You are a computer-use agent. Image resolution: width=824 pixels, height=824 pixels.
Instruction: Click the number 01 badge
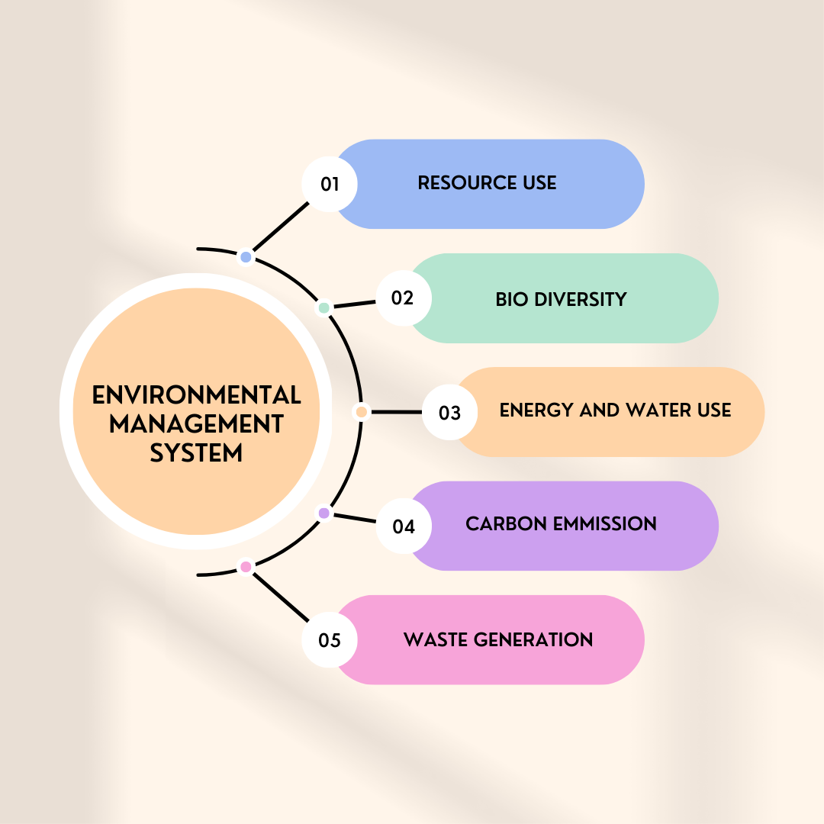tap(330, 184)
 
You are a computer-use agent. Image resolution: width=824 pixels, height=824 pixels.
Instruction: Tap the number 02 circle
tap(404, 298)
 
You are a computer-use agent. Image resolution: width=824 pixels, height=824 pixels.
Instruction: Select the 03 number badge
tap(450, 412)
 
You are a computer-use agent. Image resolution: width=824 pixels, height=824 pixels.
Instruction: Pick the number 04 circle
tap(404, 526)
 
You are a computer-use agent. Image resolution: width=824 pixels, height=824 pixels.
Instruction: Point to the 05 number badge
tap(330, 639)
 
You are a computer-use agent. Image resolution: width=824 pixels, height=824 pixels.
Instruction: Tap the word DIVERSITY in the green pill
tap(580, 300)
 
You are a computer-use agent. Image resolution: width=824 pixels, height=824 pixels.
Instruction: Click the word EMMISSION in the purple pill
tap(605, 524)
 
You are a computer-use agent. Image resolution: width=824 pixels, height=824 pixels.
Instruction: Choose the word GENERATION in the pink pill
tap(533, 639)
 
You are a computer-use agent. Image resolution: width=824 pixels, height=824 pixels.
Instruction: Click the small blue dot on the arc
tap(246, 257)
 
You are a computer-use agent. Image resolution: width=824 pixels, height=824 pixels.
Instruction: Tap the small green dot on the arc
tap(324, 307)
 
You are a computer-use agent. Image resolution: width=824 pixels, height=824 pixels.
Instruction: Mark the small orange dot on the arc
tap(362, 412)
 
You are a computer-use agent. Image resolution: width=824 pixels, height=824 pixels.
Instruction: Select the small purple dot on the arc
tap(324, 513)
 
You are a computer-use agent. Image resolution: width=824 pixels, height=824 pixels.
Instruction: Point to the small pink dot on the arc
tap(246, 566)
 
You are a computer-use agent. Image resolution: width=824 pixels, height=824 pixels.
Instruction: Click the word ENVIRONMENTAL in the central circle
tap(197, 395)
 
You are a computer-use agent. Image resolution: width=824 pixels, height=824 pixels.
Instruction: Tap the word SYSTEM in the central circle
tap(197, 453)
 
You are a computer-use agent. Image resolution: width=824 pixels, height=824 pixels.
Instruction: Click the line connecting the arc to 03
tap(396, 412)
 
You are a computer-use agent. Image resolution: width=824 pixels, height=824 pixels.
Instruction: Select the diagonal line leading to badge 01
tap(281, 227)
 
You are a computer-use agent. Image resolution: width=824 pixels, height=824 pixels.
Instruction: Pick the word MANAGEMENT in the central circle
tap(197, 424)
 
